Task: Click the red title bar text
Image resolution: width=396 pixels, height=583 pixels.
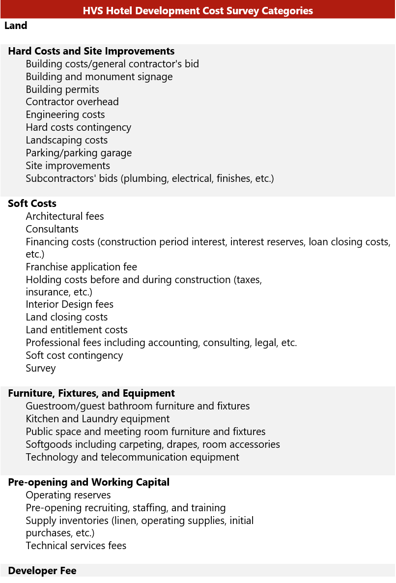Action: (x=198, y=11)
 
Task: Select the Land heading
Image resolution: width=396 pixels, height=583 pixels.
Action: (x=16, y=26)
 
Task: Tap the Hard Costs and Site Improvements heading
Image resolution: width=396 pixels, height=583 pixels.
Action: (x=91, y=51)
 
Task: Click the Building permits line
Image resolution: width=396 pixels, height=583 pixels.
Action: (x=62, y=89)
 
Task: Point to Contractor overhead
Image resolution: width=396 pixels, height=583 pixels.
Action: (x=72, y=102)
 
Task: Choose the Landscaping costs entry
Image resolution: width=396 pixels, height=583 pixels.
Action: (x=67, y=140)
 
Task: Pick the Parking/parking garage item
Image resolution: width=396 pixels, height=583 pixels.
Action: (x=79, y=153)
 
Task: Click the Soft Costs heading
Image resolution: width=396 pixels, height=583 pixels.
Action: (x=32, y=204)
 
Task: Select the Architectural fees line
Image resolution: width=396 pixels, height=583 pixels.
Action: (x=65, y=216)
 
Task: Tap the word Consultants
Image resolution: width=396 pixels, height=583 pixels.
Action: (x=52, y=229)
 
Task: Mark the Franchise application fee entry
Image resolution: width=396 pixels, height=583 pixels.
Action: (x=82, y=267)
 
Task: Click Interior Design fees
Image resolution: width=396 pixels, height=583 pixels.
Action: (x=70, y=304)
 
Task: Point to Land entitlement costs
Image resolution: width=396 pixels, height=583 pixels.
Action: (x=77, y=330)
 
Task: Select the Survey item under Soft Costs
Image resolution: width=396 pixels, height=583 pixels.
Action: (x=41, y=368)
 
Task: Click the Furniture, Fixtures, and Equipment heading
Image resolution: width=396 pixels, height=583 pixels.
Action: (x=91, y=393)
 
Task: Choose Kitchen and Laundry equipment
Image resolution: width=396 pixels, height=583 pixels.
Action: (x=98, y=419)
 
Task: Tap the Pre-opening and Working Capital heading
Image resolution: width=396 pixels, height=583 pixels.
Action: (x=89, y=482)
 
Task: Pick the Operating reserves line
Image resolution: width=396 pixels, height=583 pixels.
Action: (x=68, y=495)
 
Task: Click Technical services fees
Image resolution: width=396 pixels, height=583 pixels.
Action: (x=76, y=546)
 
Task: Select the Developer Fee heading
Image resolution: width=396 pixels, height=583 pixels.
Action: (x=42, y=571)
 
